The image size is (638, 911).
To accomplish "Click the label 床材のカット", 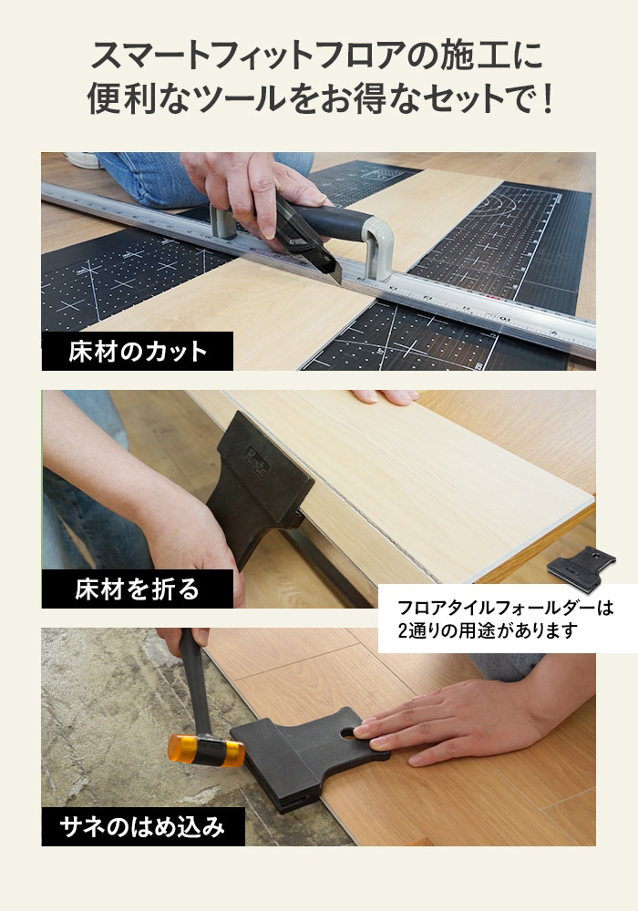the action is coord(138,352).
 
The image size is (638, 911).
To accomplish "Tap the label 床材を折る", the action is coord(137,589).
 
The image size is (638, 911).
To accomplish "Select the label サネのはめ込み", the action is coord(142,827).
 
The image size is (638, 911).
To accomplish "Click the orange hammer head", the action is coord(206,751).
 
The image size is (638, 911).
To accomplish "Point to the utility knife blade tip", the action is coord(339,282).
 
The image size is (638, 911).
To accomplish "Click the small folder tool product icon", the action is coord(581,568).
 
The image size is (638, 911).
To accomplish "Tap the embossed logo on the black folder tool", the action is coord(256,461).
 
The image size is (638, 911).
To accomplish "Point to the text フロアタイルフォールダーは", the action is coord(506,609).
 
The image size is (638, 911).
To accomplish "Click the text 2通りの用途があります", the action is coord(489,630).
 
